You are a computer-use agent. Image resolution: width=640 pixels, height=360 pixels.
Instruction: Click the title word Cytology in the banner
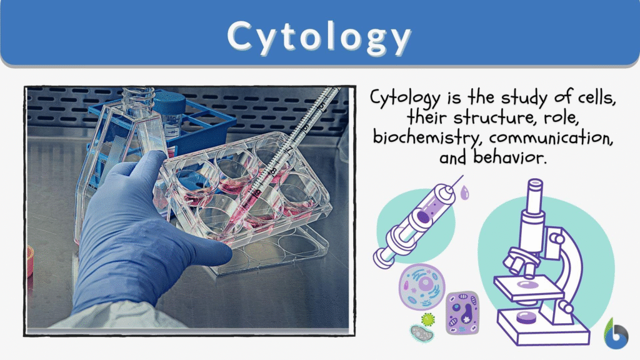[x=319, y=36]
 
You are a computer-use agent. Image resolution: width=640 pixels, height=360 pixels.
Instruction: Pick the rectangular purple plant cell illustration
[x=462, y=313]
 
